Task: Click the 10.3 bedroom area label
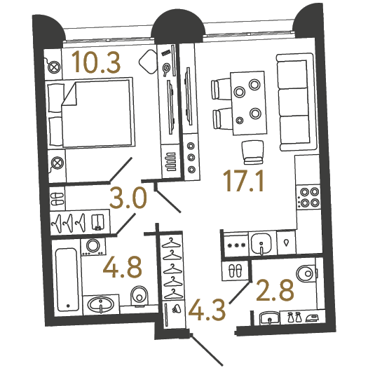click(96, 62)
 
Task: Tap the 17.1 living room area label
click(243, 181)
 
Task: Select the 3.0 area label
click(128, 198)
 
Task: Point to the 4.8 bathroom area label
click(123, 267)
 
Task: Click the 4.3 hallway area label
click(207, 311)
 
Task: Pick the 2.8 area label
click(275, 290)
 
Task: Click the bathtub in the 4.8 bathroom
click(67, 280)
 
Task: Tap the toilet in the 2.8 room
click(306, 273)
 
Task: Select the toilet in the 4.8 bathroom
click(139, 297)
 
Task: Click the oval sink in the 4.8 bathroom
click(101, 304)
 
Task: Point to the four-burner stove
click(309, 197)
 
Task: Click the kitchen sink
click(261, 243)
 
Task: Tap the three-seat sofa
click(296, 102)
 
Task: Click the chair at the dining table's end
click(252, 152)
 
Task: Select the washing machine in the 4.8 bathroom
click(93, 247)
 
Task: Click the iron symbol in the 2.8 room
click(313, 318)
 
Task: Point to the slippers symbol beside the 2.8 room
click(235, 271)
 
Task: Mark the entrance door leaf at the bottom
click(207, 350)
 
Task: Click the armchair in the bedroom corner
click(149, 62)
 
